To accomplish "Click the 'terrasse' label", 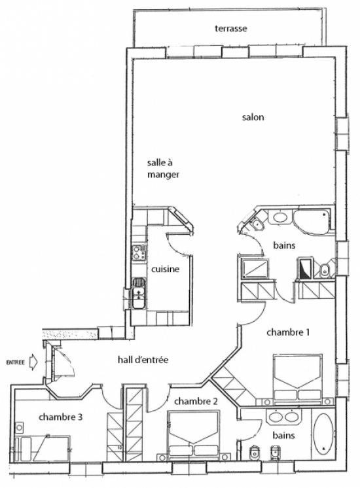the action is [231, 29].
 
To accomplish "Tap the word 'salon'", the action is [253, 117].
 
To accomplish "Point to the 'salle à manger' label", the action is [163, 168].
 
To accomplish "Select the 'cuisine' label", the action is [166, 269].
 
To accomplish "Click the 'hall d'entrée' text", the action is [143, 360].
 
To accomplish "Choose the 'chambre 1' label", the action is [288, 332].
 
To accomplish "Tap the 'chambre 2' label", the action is [196, 402].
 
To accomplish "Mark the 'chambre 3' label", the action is [60, 417].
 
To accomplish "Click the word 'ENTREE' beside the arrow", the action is [15, 362].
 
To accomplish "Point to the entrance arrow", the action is [32, 362].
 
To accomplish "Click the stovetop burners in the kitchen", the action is [139, 253].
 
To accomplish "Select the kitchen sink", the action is [139, 293].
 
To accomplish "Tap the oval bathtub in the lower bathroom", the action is [323, 433].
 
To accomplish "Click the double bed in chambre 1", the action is [297, 377].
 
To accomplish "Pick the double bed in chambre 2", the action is [193, 433].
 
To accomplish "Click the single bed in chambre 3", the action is [42, 449].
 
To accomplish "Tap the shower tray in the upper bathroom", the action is [255, 269].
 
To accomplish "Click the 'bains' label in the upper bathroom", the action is [284, 245].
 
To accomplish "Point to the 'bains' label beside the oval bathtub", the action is [283, 435].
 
